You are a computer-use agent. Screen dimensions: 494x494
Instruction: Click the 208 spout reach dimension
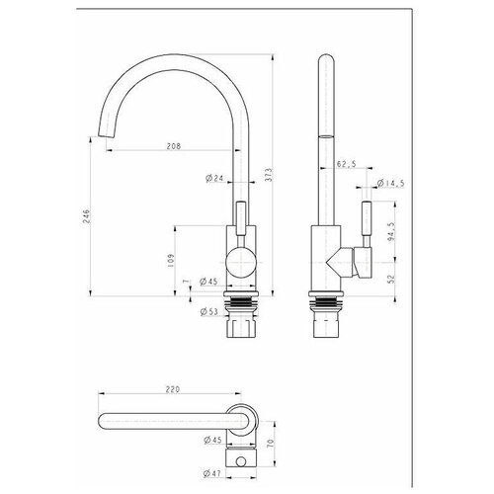point(174,146)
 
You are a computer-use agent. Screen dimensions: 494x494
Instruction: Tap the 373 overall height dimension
point(269,175)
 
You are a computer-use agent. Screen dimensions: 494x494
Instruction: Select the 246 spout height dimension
point(86,216)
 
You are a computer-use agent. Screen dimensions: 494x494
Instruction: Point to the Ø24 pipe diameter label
point(214,178)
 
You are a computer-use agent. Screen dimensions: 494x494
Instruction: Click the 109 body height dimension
point(171,260)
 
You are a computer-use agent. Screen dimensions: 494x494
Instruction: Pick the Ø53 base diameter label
point(209,311)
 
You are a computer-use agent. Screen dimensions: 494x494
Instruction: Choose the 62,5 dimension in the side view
point(346,164)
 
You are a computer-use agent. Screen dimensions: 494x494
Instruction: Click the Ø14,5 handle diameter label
point(390,183)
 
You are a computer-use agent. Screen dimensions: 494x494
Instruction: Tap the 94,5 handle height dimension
point(391,232)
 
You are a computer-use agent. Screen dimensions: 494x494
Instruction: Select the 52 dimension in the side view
point(391,280)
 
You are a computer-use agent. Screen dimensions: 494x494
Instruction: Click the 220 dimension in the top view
point(173,389)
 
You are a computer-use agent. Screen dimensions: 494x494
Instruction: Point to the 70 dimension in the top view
point(270,443)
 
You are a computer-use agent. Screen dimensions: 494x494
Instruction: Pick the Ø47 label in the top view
point(211,473)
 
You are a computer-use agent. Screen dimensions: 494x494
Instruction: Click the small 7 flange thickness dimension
point(186,282)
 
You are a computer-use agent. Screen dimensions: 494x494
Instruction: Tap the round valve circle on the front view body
point(241,263)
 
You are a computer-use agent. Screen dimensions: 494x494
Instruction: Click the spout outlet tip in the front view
point(107,136)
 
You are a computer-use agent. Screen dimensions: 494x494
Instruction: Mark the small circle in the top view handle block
point(241,462)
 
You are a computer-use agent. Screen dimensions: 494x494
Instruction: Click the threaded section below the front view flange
point(241,301)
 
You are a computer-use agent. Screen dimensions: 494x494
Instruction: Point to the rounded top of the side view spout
point(326,58)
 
